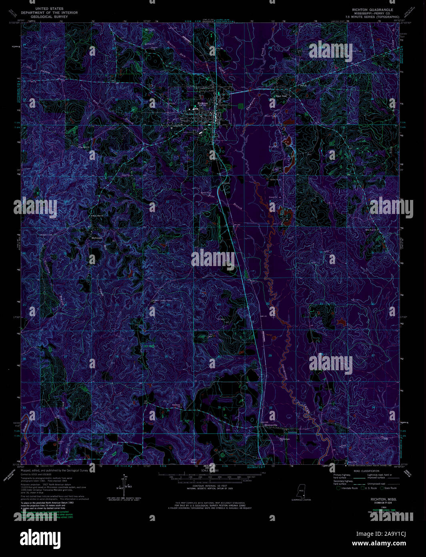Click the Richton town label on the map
coord(203,103)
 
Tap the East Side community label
coord(282,96)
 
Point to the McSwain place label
coord(96,237)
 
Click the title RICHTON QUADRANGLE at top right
coord(372,10)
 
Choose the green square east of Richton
coord(240,106)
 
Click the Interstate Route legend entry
coord(348,488)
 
